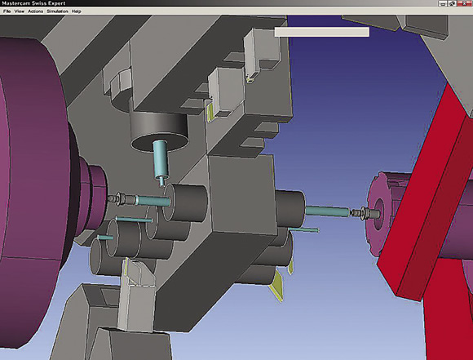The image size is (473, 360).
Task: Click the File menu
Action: [7, 11]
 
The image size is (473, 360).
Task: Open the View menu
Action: [20, 11]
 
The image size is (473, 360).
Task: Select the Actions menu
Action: [36, 11]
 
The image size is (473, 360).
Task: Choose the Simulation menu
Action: [57, 11]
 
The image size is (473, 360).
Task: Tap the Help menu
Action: [77, 11]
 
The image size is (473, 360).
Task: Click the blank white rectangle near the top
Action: [321, 32]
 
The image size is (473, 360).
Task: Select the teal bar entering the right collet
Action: [328, 211]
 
